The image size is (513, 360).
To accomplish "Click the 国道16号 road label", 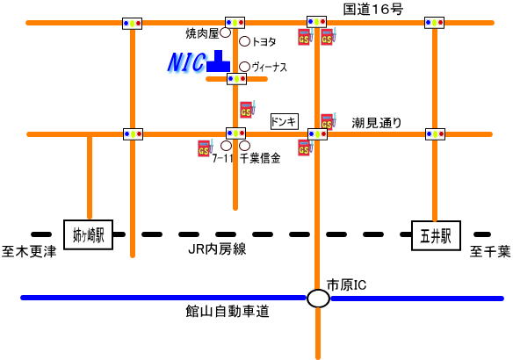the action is [372, 9].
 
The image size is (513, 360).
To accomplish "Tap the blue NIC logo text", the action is [186, 62].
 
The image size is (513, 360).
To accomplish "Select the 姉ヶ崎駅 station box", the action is [89, 234].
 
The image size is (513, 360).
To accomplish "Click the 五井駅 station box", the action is [436, 235].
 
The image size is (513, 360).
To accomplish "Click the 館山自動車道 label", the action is [228, 311].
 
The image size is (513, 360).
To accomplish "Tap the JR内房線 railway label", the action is [217, 249].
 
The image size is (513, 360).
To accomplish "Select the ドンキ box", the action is [285, 122].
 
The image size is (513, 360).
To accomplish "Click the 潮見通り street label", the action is [377, 123].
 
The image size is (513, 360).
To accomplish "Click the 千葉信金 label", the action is [260, 158].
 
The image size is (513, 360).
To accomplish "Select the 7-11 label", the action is [222, 159].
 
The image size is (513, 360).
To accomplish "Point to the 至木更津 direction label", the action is [29, 251].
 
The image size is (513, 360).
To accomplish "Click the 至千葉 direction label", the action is [490, 251].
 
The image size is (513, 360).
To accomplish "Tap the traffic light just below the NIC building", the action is [236, 79].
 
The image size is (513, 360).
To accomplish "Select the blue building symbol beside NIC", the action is [219, 61].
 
